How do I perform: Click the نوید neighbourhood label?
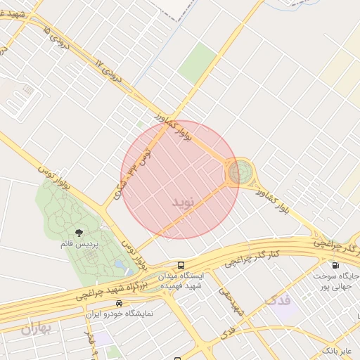click(x=181, y=202)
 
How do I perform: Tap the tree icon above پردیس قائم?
click(x=78, y=233)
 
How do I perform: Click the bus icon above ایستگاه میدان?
click(x=181, y=266)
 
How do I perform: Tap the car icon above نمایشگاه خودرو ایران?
click(x=119, y=303)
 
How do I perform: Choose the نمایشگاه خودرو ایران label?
click(x=119, y=314)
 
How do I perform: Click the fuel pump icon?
click(x=334, y=266)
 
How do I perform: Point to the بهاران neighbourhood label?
click(x=37, y=328)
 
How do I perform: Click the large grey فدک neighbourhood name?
click(x=278, y=302)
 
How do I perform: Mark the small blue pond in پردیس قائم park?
click(x=119, y=265)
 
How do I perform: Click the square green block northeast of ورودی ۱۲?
click(x=198, y=63)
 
